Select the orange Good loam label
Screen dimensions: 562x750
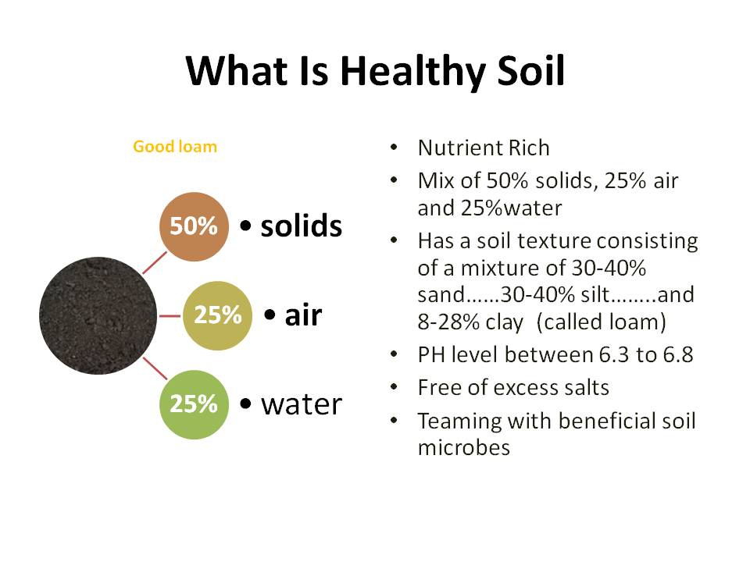tap(175, 146)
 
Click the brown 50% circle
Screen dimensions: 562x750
tap(194, 226)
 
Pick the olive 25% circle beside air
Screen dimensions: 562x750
tap(217, 315)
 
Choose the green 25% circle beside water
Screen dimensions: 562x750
tap(194, 404)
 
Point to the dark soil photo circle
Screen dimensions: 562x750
tap(89, 315)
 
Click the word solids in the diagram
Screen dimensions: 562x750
tap(301, 226)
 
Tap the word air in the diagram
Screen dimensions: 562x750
tap(303, 315)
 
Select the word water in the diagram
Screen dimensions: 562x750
tap(301, 404)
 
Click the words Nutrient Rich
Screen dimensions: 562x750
tap(484, 148)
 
